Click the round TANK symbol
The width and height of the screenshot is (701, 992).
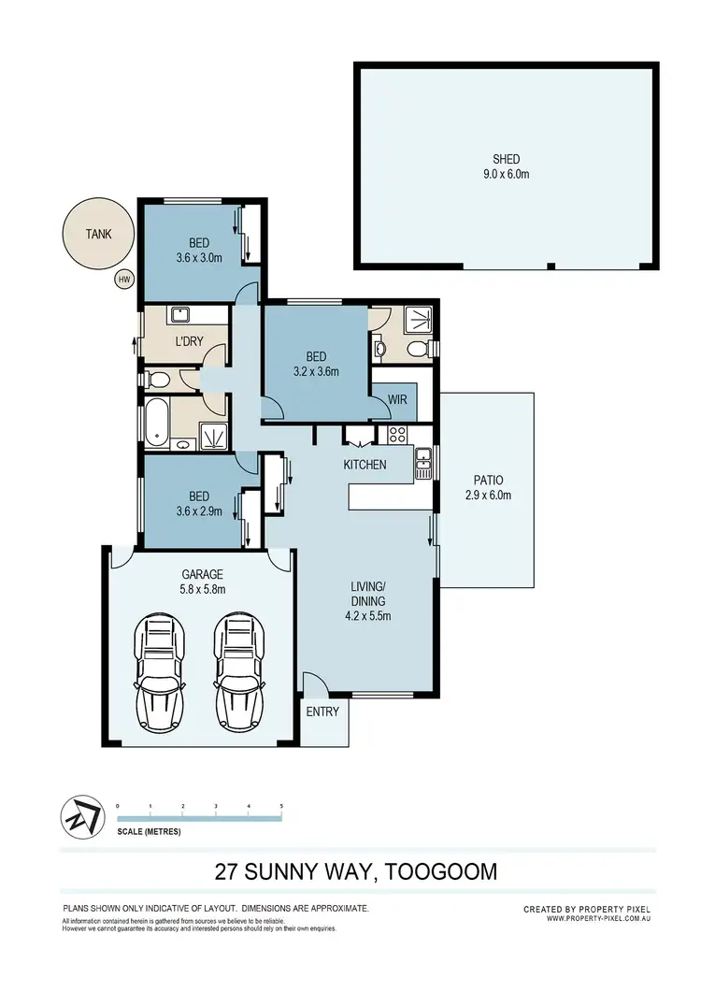97,234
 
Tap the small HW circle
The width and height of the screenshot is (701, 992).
123,279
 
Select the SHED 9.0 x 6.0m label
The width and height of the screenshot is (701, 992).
507,165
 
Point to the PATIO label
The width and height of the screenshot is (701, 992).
488,489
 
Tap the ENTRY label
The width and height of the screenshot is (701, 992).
322,712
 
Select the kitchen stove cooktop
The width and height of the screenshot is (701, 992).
396,434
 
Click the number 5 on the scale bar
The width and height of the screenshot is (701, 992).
281,805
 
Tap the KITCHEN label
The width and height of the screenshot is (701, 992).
365,465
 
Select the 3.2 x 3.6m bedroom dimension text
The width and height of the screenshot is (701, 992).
316,371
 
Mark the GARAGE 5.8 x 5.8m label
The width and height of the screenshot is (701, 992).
202,582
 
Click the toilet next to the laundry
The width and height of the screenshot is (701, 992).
160,380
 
